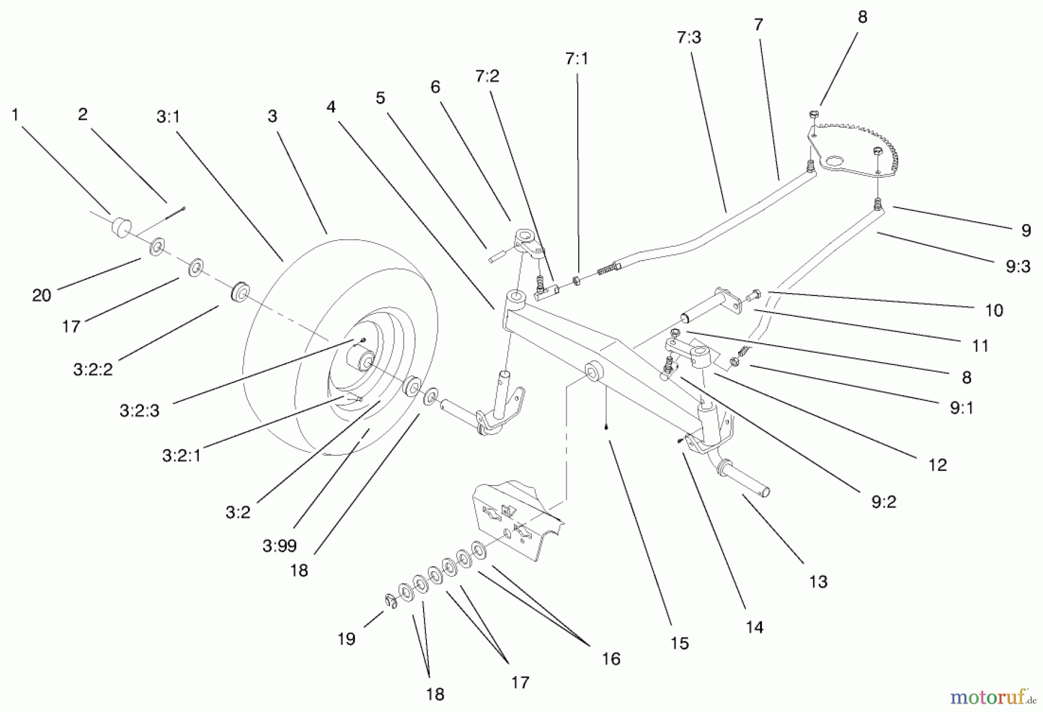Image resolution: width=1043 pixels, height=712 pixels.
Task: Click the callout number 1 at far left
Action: [15, 115]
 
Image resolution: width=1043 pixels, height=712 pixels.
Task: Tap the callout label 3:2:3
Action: [139, 411]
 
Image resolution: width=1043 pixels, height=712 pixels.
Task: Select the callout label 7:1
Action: [577, 59]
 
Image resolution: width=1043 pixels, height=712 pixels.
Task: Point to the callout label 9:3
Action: [1018, 266]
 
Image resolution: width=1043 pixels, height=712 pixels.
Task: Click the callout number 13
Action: [818, 581]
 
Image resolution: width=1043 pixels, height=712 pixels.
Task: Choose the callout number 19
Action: [346, 639]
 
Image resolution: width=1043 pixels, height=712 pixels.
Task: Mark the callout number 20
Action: [42, 295]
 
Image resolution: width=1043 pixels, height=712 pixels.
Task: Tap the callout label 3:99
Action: [279, 546]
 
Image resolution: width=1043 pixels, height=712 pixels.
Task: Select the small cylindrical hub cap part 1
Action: [121, 227]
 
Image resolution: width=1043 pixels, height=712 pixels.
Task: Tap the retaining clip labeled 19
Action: [390, 602]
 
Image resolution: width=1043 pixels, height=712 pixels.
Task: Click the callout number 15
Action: [679, 643]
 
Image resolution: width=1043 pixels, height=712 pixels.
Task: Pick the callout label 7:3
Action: [688, 37]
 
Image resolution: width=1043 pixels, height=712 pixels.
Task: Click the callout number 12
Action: [937, 465]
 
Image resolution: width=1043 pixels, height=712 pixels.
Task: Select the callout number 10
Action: [994, 311]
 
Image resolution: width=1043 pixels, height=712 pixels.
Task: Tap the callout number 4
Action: [331, 107]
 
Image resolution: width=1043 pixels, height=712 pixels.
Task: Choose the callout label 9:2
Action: [883, 502]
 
